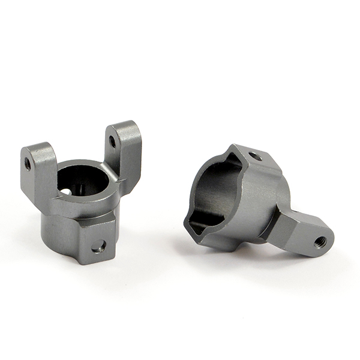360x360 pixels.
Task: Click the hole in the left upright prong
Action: (x=28, y=163)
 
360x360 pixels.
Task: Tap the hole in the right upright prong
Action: (x=112, y=142)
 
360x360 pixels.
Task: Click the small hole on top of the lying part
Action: (x=255, y=157)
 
